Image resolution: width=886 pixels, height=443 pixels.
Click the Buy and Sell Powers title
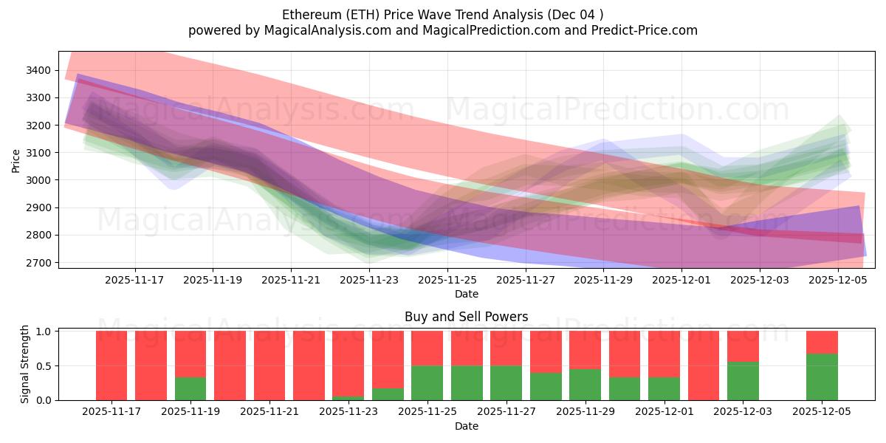[x=466, y=317]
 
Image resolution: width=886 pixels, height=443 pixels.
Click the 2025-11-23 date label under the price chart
[x=369, y=281]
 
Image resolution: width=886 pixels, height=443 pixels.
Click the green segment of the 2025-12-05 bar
[x=822, y=377]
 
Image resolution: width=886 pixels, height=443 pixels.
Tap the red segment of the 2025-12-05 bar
[x=822, y=343]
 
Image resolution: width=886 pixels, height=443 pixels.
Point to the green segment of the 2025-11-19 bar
[x=190, y=388]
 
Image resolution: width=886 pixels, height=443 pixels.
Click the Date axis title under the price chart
[x=466, y=294]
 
